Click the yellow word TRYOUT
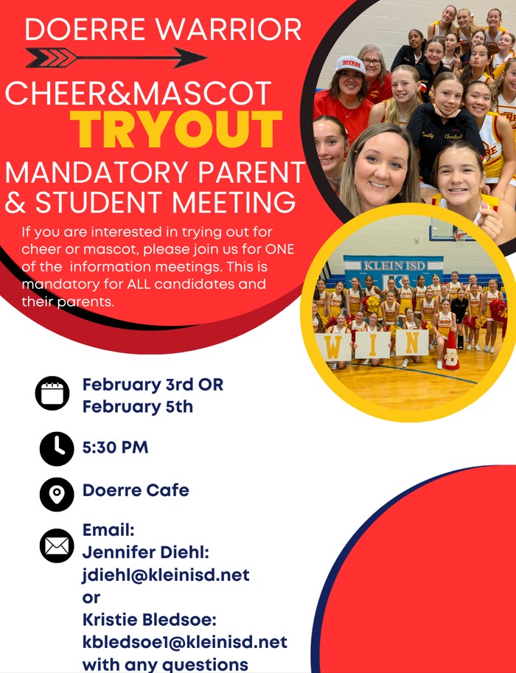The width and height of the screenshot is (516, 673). point(176,129)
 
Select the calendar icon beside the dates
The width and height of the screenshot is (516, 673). point(52,393)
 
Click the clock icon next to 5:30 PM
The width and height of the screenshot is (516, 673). point(57,448)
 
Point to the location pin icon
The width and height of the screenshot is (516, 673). point(57,494)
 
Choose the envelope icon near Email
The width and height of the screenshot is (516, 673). point(57,545)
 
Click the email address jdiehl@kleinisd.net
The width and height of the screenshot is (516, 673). point(166,575)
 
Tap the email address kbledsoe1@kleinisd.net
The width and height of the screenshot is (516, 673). point(184,642)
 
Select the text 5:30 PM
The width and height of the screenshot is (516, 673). point(115,447)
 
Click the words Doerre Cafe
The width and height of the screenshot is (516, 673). point(136,490)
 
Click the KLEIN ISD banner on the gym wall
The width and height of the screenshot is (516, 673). point(393,269)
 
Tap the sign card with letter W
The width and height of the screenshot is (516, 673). point(333,347)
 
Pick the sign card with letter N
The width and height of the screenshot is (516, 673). point(412,343)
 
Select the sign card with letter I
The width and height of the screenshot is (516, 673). point(372,345)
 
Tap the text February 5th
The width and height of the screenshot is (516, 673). point(137,406)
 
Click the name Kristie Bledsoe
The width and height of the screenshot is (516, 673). point(147,620)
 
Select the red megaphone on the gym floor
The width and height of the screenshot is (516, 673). point(450,351)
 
